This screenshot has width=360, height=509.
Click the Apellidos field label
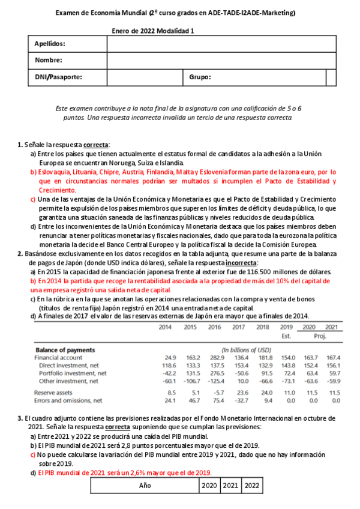pyautogui.click(x=50, y=44)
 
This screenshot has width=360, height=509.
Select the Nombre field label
pyautogui.click(x=48, y=60)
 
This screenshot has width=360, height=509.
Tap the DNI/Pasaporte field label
pyautogui.click(x=58, y=77)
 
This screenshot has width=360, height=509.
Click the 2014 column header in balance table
pyautogui.click(x=167, y=327)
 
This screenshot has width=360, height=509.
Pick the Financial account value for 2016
pyautogui.click(x=214, y=357)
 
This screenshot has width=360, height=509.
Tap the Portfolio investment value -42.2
pyautogui.click(x=167, y=373)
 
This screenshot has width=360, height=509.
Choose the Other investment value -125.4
pyautogui.click(x=214, y=381)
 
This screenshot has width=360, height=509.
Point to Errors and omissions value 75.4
pyautogui.click(x=214, y=400)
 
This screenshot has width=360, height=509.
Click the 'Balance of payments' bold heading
pyautogui.click(x=65, y=349)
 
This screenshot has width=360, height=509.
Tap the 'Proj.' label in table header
pyautogui.click(x=322, y=336)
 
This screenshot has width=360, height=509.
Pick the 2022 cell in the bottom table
pyautogui.click(x=252, y=485)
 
